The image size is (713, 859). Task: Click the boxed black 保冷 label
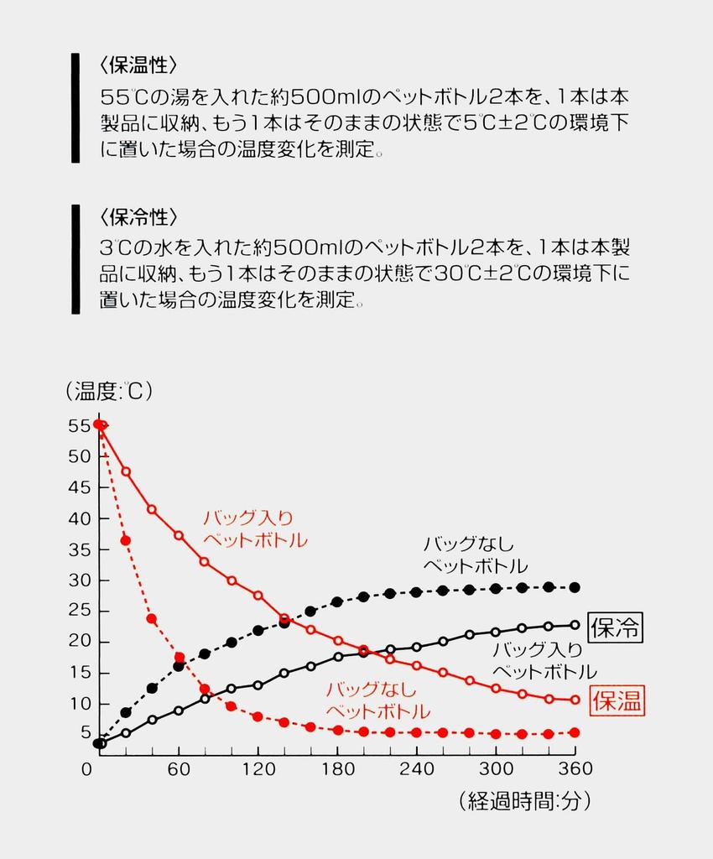(616, 627)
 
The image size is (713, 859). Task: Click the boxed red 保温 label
(617, 701)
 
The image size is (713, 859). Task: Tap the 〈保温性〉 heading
(138, 65)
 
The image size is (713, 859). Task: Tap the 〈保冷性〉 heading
(138, 217)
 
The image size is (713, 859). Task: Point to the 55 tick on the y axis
(79, 425)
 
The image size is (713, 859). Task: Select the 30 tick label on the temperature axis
(79, 580)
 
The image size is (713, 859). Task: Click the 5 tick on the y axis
(85, 733)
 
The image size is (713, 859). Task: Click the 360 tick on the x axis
(575, 768)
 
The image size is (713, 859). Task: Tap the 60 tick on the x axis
(179, 768)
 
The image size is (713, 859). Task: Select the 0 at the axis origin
(87, 768)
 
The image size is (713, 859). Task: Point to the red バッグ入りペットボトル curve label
(253, 528)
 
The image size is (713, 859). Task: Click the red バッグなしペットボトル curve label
(377, 701)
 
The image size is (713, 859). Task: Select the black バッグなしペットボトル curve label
(475, 554)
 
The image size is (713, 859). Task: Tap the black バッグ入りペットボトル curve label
(544, 660)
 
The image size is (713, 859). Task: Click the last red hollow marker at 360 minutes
(575, 700)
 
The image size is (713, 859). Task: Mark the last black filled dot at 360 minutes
(575, 587)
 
